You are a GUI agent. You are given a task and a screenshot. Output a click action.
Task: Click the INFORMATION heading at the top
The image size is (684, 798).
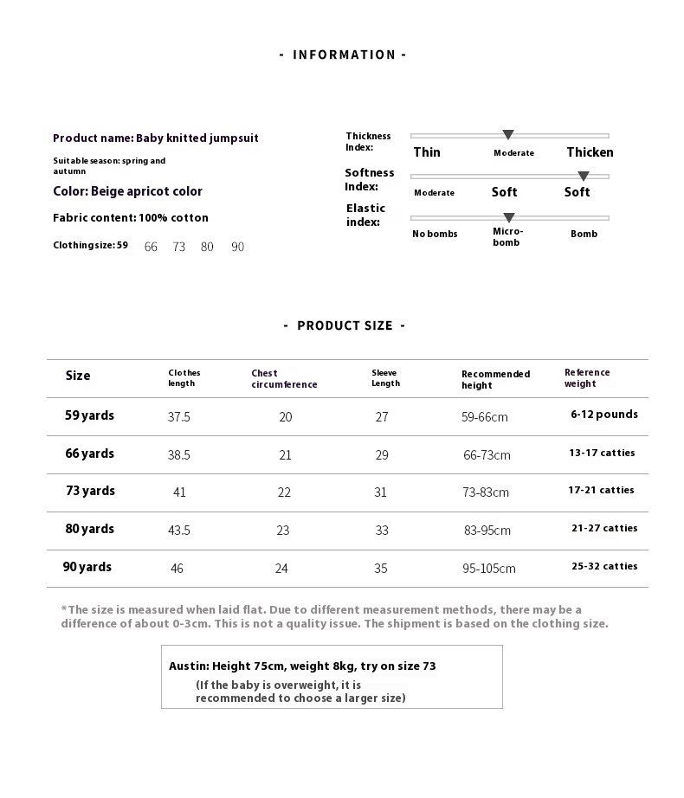343,55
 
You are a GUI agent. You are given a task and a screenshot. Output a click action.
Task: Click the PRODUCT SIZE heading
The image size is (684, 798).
344,325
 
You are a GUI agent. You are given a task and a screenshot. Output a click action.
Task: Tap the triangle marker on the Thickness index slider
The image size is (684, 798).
508,135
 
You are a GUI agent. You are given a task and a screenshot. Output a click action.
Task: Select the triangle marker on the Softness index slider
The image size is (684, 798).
584,176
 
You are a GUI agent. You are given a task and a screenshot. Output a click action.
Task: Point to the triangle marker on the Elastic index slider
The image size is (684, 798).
509,217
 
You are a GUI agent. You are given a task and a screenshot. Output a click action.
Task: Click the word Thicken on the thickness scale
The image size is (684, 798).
590,152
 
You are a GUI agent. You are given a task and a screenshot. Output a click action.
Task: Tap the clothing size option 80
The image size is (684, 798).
207,247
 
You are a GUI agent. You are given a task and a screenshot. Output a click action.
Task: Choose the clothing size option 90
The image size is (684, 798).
237,247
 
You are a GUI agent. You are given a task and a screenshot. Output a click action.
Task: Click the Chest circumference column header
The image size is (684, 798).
284,379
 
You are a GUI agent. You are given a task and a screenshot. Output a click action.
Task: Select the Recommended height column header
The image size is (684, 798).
495,379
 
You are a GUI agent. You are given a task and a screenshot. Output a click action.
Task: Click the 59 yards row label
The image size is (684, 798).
89,415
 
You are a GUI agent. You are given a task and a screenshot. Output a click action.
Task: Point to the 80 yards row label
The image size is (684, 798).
89,529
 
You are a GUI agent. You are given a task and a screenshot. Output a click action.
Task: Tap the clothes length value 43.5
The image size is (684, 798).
179,531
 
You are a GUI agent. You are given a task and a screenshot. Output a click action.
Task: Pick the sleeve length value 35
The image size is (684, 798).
381,569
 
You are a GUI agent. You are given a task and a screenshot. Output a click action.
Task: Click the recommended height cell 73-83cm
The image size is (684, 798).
485,492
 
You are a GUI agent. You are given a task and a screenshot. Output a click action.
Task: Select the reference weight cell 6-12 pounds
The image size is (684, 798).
603,415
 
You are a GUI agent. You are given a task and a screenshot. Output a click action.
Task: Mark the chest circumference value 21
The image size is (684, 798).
285,455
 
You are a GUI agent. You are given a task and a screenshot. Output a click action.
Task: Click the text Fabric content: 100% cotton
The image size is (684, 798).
131,218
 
